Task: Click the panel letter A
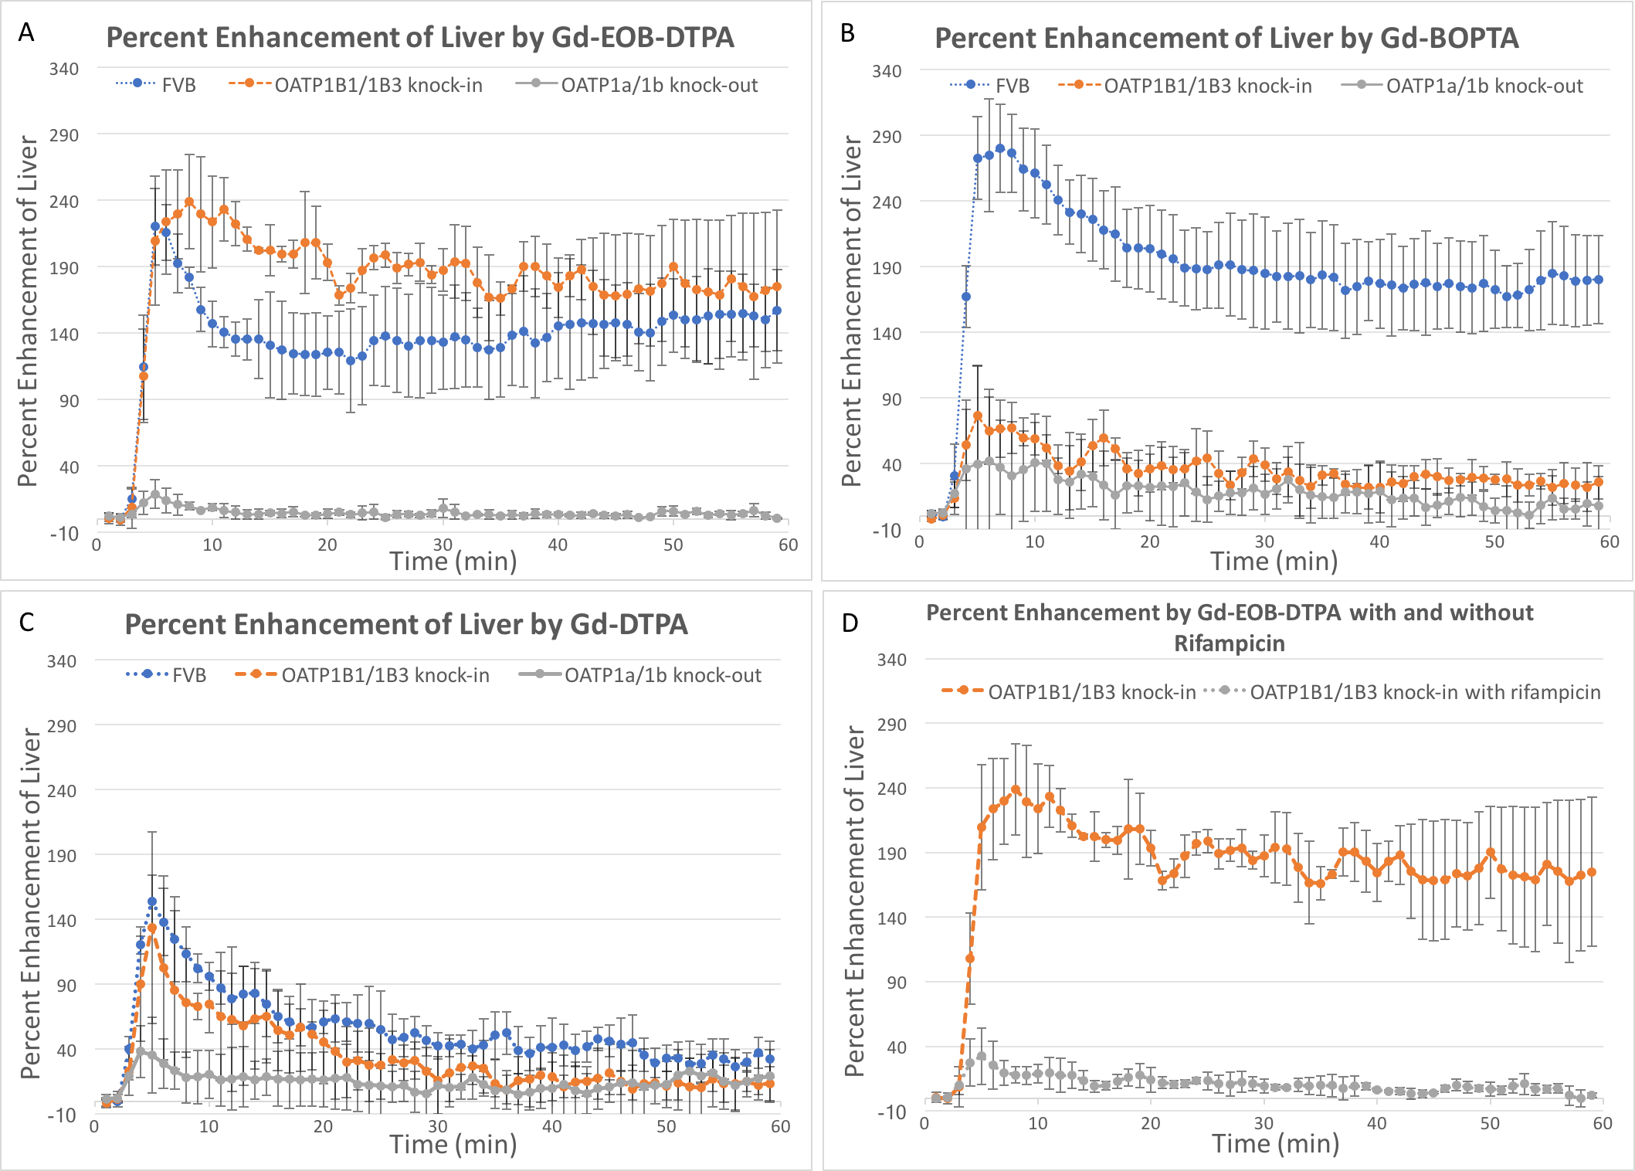click(x=26, y=32)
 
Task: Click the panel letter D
click(x=850, y=623)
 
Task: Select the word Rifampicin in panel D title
click(x=1230, y=643)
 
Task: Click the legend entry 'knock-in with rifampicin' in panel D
click(x=1425, y=692)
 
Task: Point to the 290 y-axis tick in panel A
click(x=64, y=135)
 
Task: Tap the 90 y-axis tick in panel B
click(x=891, y=399)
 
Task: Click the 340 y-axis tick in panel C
click(x=62, y=661)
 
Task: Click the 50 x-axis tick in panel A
click(x=673, y=545)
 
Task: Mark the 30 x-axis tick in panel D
click(x=1264, y=1123)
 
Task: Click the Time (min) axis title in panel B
click(x=1274, y=562)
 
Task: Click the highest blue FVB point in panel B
click(x=1000, y=148)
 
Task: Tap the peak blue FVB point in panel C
click(x=152, y=901)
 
